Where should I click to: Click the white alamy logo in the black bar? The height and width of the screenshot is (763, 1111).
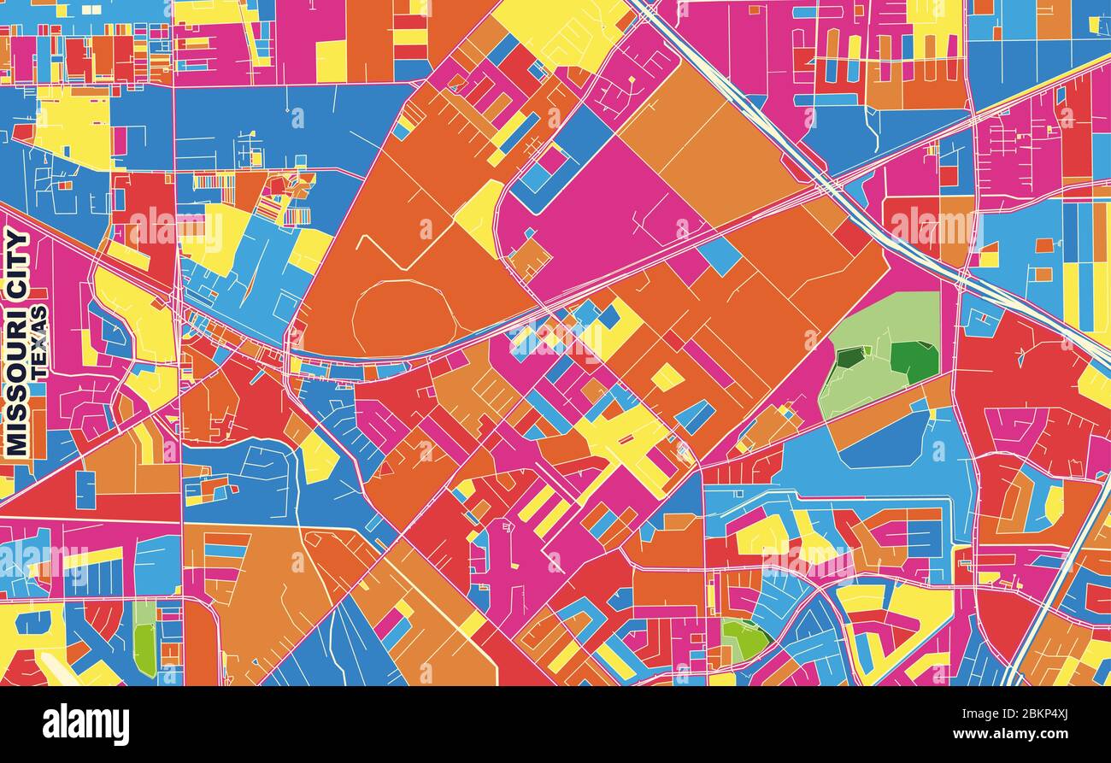pyautogui.click(x=85, y=725)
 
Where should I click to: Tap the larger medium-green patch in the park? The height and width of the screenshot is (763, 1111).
pyautogui.click(x=915, y=361)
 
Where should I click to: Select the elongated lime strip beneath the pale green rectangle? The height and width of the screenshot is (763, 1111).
pyautogui.click(x=145, y=649)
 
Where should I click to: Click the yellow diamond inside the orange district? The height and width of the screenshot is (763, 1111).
pyautogui.click(x=667, y=377)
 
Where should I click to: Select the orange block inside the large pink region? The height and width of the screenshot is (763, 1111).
pyautogui.click(x=531, y=255)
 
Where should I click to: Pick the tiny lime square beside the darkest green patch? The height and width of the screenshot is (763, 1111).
pyautogui.click(x=867, y=350)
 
